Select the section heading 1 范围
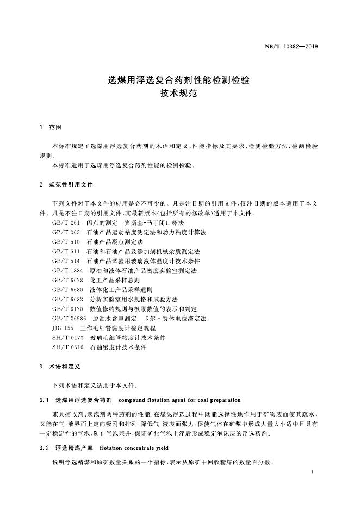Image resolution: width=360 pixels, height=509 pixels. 51,127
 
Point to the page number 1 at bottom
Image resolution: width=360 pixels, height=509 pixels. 312,473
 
